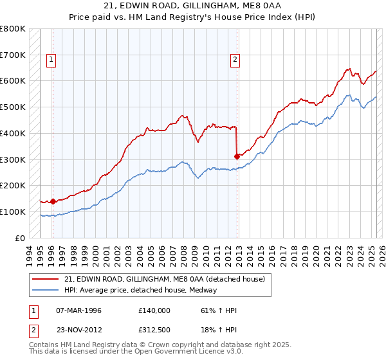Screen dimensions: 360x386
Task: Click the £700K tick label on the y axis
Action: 13,55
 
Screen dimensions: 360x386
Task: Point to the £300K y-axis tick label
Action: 13,159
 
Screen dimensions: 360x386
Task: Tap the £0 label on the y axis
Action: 21,238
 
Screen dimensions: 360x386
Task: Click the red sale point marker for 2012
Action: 237,156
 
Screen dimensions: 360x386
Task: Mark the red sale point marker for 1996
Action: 53,201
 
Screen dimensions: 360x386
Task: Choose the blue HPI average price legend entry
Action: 141,290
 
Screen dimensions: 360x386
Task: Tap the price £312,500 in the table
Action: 155,329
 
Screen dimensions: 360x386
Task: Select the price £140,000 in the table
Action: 155,310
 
